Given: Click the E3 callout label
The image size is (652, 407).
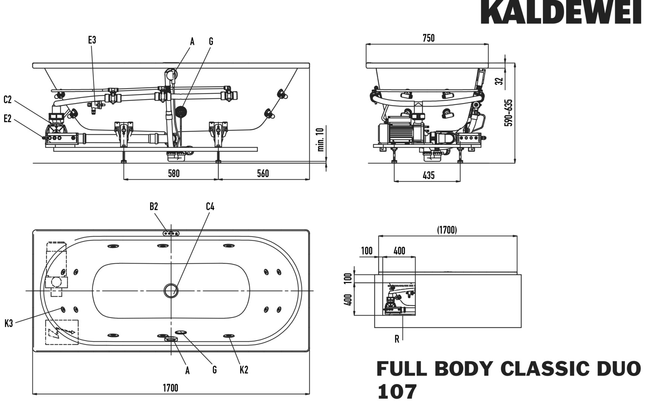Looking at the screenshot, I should (x=92, y=40).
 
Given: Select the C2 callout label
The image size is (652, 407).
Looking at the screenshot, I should (x=8, y=100).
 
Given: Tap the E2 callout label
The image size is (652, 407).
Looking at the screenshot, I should (x=8, y=119).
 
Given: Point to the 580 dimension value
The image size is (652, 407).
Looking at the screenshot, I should (x=173, y=173).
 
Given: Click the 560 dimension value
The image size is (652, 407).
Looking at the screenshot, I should (x=263, y=173).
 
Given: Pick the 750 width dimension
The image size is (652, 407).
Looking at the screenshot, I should (x=428, y=38).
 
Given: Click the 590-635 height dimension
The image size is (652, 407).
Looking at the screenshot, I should (x=509, y=112).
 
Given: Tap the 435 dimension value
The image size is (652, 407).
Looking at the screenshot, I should (x=429, y=175).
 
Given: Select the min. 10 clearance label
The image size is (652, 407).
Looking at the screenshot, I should (x=321, y=139).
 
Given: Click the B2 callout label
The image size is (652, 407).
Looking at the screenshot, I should (x=153, y=207).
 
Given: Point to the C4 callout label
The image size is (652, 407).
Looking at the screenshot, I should (x=210, y=207).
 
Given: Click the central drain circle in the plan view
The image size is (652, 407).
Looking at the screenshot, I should (x=171, y=291).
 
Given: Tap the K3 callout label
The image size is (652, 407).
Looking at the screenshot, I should (x=9, y=323).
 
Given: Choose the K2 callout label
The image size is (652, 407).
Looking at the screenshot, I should (x=244, y=370).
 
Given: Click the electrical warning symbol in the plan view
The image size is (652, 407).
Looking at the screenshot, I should (x=61, y=332).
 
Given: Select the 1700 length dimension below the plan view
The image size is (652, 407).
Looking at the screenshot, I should (x=170, y=387).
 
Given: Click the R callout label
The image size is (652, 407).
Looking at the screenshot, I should (x=397, y=339).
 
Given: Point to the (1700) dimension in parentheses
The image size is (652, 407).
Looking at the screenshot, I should (x=447, y=230).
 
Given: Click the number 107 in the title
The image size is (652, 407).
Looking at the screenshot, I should (x=397, y=392).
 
